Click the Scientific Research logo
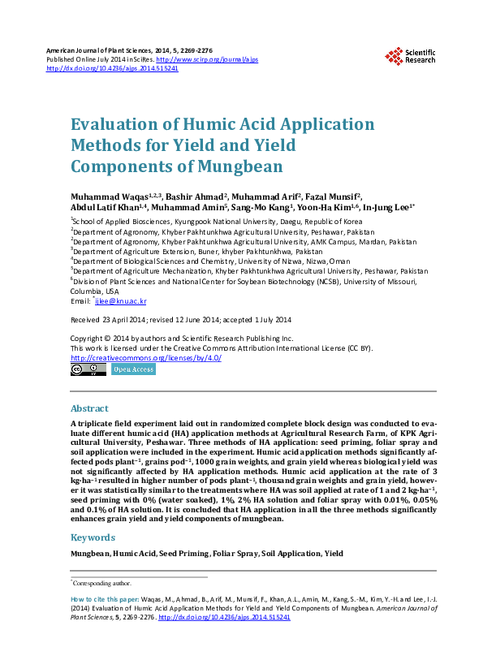[x=410, y=55]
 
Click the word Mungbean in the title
[x=241, y=166]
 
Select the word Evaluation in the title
[x=115, y=124]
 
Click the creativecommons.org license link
[x=146, y=358]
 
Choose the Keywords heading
[x=93, y=537]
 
